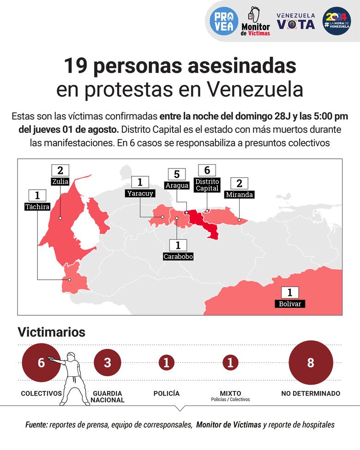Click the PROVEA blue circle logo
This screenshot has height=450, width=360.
point(224,21)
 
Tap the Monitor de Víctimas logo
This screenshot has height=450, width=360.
point(255,21)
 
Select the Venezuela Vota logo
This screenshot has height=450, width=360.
point(296,21)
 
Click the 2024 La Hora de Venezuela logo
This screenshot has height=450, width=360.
point(336,21)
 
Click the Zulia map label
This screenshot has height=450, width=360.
point(60,181)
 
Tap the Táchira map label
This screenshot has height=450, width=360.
point(37,207)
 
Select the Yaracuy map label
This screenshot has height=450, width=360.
point(139,193)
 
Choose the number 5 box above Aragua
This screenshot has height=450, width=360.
point(177,174)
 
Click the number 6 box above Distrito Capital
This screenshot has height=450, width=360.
point(207,170)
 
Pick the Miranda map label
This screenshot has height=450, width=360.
point(239,194)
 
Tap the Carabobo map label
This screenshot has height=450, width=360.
point(178,256)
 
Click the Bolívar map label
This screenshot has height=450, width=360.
point(290,304)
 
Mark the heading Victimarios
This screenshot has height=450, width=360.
point(51,332)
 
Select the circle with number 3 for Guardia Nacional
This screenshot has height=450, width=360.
point(108,363)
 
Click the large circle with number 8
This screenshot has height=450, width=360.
point(310,363)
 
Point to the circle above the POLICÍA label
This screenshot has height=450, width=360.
point(167,363)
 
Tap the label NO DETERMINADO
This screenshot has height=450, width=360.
point(311,394)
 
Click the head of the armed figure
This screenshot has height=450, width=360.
point(71,356)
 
